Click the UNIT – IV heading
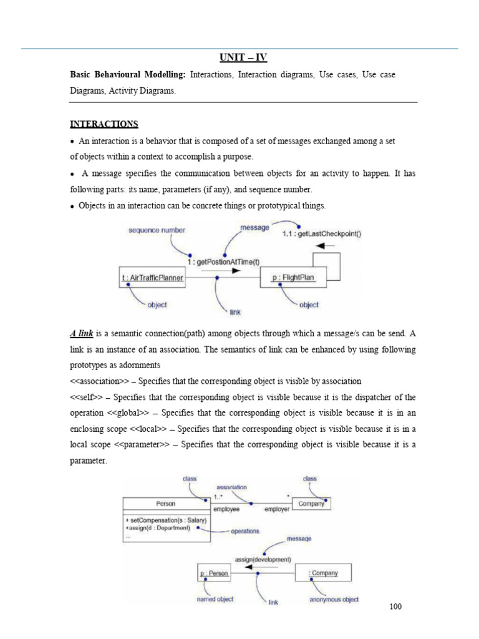(243, 58)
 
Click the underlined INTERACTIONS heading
(104, 124)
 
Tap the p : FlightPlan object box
(293, 278)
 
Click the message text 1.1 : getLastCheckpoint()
(321, 234)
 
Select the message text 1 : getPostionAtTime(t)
(223, 262)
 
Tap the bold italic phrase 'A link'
(81, 334)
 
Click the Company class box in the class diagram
(310, 504)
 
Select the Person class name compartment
(165, 504)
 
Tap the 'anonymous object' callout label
(334, 600)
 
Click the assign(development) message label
(263, 559)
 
